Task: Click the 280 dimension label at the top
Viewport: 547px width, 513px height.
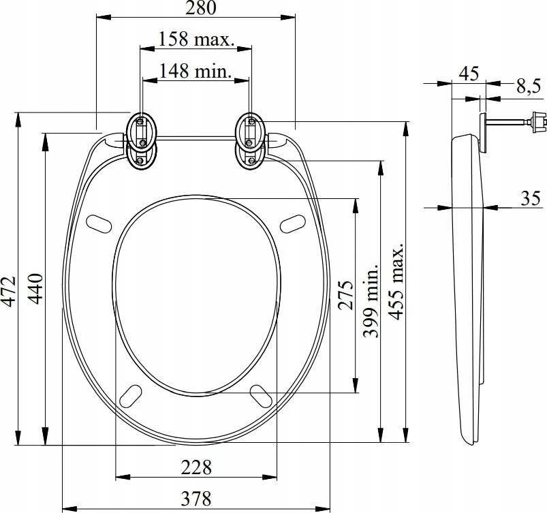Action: (200, 7)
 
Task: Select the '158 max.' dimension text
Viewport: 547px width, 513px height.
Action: (196, 40)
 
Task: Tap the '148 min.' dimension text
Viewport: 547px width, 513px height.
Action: (196, 71)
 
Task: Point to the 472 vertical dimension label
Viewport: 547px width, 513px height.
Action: (8, 292)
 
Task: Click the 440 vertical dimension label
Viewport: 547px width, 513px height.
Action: (35, 289)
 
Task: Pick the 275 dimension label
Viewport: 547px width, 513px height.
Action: (346, 295)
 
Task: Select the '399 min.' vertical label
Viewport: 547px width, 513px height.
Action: (371, 300)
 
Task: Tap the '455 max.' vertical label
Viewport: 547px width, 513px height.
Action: (396, 281)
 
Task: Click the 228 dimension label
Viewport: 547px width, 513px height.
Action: (196, 467)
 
